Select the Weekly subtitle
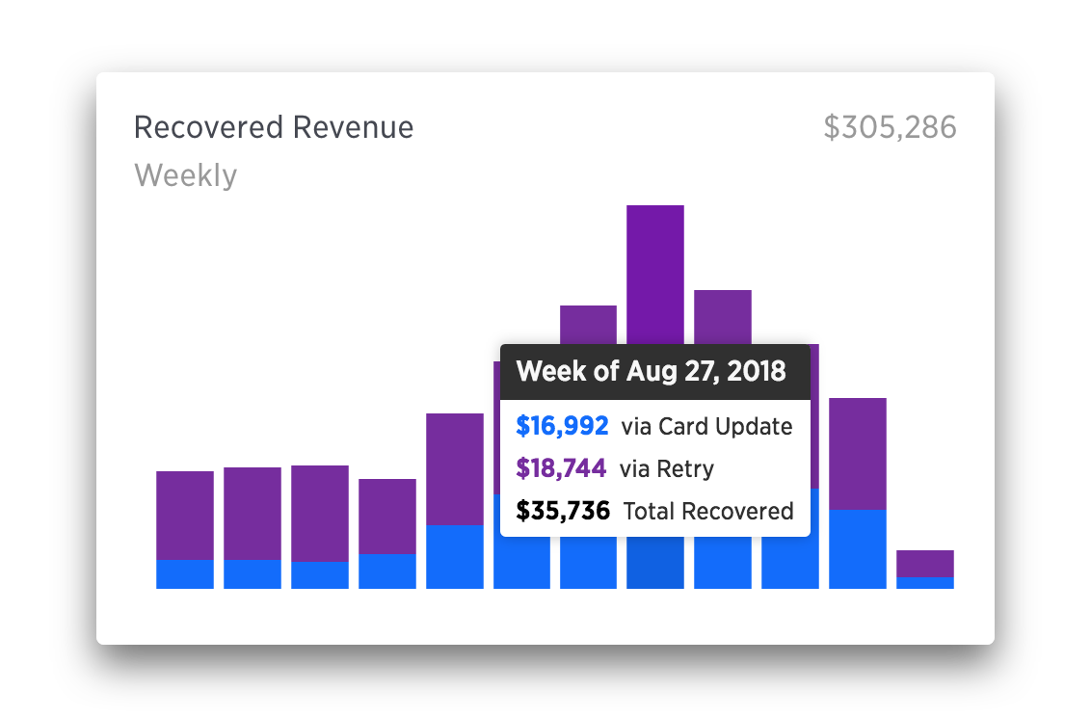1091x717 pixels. [185, 175]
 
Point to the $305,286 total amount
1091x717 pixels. [890, 127]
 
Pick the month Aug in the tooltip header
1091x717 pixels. [645, 371]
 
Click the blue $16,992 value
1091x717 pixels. [562, 426]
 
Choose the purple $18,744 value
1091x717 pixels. [561, 468]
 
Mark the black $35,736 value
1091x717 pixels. [563, 511]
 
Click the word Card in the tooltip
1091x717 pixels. [679, 426]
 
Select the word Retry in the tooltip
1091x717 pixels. [686, 468]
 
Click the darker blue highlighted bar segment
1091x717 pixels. [655, 563]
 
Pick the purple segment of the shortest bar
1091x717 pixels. [925, 564]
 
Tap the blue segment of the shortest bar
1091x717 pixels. [925, 583]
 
